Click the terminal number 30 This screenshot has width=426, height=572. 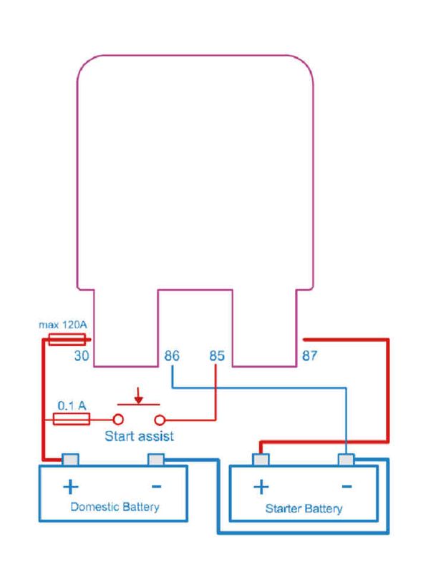(82, 355)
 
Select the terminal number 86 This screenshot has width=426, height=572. (172, 355)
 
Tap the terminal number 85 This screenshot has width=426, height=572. (217, 355)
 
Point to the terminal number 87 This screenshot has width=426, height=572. (309, 355)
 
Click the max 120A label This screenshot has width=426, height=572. (63, 325)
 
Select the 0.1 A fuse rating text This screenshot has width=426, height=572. (72, 405)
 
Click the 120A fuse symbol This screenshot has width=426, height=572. (67, 339)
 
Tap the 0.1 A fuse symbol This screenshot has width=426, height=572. (72, 419)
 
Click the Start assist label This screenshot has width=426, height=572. (139, 436)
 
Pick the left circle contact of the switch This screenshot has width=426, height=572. (118, 420)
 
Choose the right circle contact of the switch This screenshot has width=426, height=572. (160, 420)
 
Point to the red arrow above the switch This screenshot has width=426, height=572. (138, 395)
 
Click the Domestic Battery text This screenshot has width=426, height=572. (115, 507)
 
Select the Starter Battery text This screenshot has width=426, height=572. (304, 508)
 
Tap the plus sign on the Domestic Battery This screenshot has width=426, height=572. (70, 487)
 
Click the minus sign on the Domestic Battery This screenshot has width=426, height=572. (156, 486)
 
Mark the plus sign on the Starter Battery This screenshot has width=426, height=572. (261, 487)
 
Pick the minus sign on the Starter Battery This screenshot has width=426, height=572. (347, 486)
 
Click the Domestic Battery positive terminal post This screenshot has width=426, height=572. (70, 460)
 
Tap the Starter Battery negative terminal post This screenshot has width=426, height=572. (346, 460)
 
